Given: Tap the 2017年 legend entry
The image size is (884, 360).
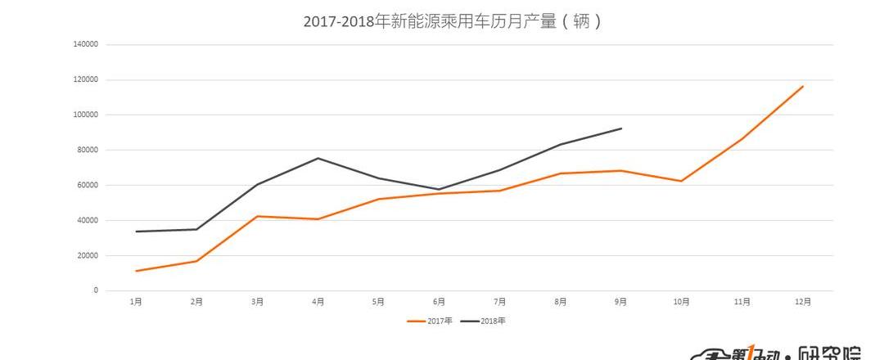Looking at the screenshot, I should click(x=431, y=321).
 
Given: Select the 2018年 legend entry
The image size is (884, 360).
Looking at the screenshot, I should click(x=484, y=321).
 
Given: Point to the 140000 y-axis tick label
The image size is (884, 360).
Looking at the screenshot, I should click(x=85, y=44).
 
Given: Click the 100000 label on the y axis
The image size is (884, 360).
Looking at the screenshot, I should click(x=85, y=115).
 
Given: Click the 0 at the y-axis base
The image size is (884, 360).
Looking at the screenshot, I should click(x=95, y=290).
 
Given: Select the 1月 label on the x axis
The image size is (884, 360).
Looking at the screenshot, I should click(x=136, y=302).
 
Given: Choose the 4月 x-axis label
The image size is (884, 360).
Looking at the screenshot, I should click(x=318, y=302).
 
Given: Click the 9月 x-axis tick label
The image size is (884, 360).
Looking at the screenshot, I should click(x=620, y=302).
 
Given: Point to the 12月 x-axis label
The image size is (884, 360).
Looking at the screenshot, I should click(x=803, y=302).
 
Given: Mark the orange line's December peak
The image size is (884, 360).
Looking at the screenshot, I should click(x=803, y=86).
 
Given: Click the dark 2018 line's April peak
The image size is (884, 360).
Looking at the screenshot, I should click(x=318, y=158).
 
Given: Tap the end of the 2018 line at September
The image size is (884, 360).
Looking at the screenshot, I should click(x=621, y=128).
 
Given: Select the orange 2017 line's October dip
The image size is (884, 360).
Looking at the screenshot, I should click(x=682, y=181).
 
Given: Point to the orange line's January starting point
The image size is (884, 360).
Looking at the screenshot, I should click(x=136, y=271).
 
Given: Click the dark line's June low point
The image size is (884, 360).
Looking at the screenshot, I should click(x=439, y=189).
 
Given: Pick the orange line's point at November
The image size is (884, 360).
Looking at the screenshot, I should click(x=742, y=138).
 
